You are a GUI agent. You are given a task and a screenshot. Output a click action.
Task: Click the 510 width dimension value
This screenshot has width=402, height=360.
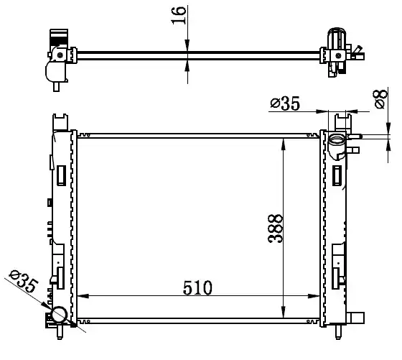point(197,287)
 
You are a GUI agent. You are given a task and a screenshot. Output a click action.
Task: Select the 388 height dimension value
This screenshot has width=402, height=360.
point(275,229)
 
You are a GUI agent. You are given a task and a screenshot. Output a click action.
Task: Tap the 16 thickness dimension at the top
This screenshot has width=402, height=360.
point(178,15)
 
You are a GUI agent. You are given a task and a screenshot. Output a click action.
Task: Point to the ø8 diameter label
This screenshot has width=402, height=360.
point(380,98)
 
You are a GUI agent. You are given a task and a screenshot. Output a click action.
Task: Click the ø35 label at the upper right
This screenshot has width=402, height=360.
point(285,103)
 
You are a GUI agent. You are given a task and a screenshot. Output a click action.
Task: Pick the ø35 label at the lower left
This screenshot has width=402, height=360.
point(23,282)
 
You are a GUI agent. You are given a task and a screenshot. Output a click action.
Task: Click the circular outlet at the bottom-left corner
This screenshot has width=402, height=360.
point(59,314)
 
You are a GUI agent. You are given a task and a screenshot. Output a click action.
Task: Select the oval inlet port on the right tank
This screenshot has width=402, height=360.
point(337,140)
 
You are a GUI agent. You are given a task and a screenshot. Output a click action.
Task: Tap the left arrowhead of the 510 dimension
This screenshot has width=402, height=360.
point(83,296)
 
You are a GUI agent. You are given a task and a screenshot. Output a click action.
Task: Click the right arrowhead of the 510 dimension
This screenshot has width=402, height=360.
point(314,296)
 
